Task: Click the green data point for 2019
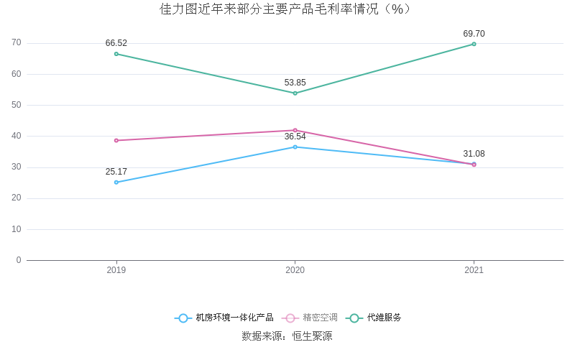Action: (x=116, y=54)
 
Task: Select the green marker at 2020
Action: (x=295, y=93)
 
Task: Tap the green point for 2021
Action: (x=474, y=44)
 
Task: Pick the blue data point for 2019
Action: (x=116, y=183)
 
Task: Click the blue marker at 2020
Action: (x=295, y=147)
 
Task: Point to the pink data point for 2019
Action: (x=116, y=141)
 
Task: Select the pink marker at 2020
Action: (x=295, y=130)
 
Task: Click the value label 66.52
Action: (x=116, y=43)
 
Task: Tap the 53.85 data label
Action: (x=295, y=83)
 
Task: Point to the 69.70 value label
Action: (x=474, y=34)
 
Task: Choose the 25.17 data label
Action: (x=116, y=172)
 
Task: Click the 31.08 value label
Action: (x=474, y=154)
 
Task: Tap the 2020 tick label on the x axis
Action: (x=295, y=271)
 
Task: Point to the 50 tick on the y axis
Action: (x=17, y=105)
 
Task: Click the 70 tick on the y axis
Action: (x=17, y=43)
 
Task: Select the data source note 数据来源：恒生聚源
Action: (x=287, y=336)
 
